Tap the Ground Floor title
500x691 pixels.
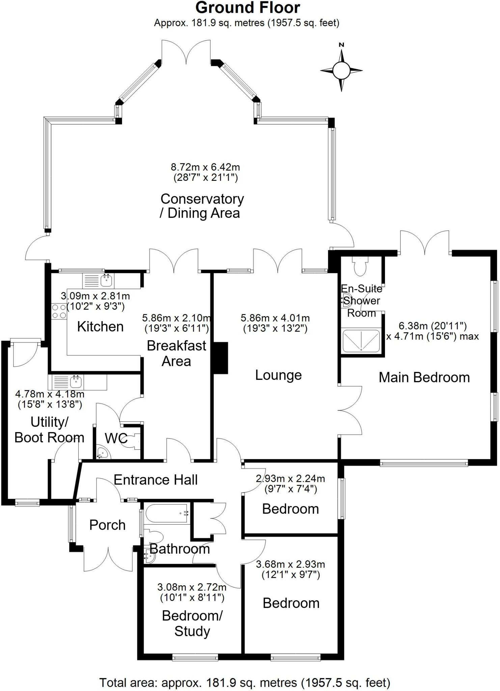(248, 8)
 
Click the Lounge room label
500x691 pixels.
(278, 375)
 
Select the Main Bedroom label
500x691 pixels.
(424, 377)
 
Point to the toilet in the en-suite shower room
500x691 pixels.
(360, 266)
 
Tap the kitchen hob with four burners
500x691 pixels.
(59, 311)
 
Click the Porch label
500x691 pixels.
(107, 525)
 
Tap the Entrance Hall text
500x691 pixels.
(156, 480)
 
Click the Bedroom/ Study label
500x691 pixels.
(192, 623)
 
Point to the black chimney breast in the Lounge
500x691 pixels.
(221, 358)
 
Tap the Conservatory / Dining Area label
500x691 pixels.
(202, 206)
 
